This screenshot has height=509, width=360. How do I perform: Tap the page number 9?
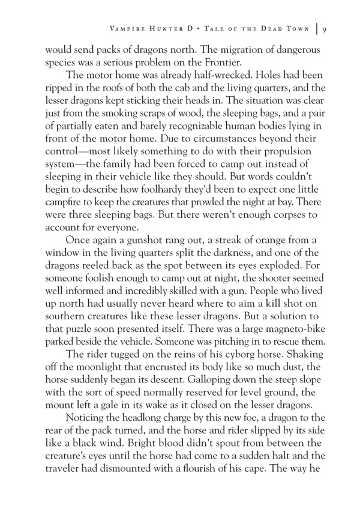coord(324,29)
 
